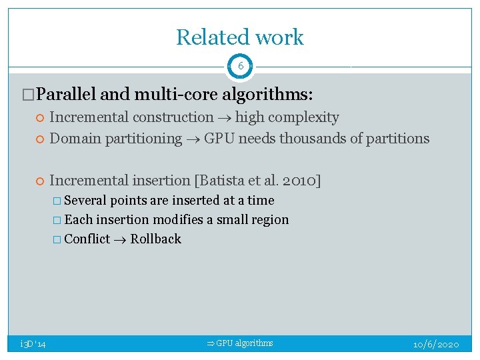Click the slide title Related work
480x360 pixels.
(239, 37)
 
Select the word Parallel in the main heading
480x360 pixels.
(67, 94)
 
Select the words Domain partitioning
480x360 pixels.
(115, 139)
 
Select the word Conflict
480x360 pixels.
(87, 239)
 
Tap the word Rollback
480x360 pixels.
(155, 239)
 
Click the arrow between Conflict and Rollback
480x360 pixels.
(120, 239)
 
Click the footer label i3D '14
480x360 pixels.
(33, 343)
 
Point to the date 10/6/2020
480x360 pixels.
(436, 344)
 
